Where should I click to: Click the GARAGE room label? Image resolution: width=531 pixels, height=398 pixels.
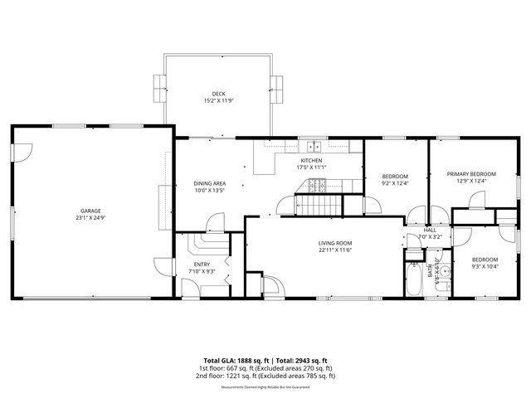coord(92,211)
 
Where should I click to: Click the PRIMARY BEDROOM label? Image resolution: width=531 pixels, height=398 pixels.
coord(470,173)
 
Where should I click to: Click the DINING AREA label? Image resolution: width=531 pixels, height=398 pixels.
coord(209,183)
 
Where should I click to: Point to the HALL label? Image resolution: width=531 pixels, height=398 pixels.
coord(430,230)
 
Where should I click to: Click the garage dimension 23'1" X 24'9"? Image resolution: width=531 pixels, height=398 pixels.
coord(92,218)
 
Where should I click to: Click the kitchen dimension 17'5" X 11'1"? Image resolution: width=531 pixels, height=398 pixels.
coord(311,167)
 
